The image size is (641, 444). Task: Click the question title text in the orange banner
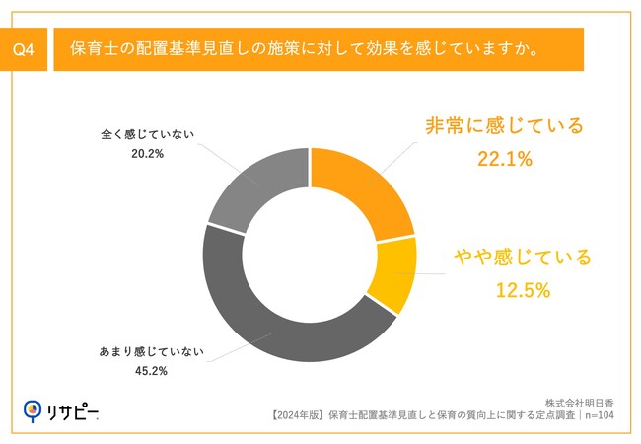click(x=304, y=49)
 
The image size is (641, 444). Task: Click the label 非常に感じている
click(x=504, y=125)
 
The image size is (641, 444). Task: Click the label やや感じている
click(x=522, y=259)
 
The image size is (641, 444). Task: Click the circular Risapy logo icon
click(x=34, y=408)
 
